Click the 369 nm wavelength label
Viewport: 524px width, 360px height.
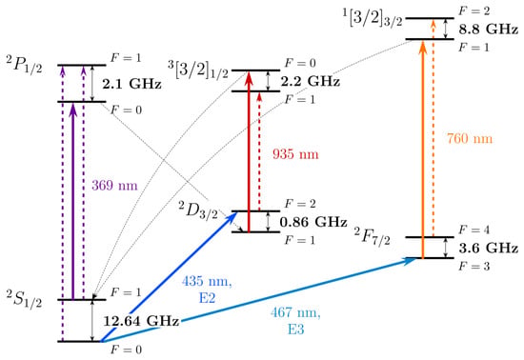pyautogui.click(x=114, y=186)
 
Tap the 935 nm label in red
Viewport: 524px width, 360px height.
pyautogui.click(x=295, y=154)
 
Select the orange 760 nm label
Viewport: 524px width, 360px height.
pyautogui.click(x=470, y=138)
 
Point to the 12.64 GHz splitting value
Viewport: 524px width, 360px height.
pyautogui.click(x=141, y=321)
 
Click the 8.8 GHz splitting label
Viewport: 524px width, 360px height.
pyautogui.click(x=488, y=30)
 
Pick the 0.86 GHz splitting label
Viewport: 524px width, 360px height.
pyautogui.click(x=313, y=222)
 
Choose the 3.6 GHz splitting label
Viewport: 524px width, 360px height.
pyautogui.click(x=488, y=248)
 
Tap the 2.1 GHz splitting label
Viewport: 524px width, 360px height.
pyautogui.click(x=132, y=84)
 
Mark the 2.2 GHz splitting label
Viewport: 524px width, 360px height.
pyautogui.click(x=311, y=81)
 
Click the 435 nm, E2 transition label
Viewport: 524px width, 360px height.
pyautogui.click(x=207, y=290)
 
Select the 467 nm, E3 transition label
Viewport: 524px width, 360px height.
pyautogui.click(x=295, y=321)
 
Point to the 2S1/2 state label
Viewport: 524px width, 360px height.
pyautogui.click(x=25, y=299)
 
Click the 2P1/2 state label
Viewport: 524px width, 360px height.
pyautogui.click(x=25, y=65)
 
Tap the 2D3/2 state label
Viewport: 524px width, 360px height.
pyautogui.click(x=198, y=210)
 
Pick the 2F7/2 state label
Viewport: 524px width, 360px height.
pyautogui.click(x=372, y=236)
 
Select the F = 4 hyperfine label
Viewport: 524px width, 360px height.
pyautogui.click(x=474, y=230)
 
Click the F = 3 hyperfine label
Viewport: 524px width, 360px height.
pyautogui.click(x=474, y=266)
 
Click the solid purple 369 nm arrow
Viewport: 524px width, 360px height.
pyautogui.click(x=73, y=202)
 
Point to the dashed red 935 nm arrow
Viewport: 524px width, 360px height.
pyautogui.click(x=259, y=151)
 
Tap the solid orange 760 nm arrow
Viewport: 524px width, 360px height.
pyautogui.click(x=423, y=150)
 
